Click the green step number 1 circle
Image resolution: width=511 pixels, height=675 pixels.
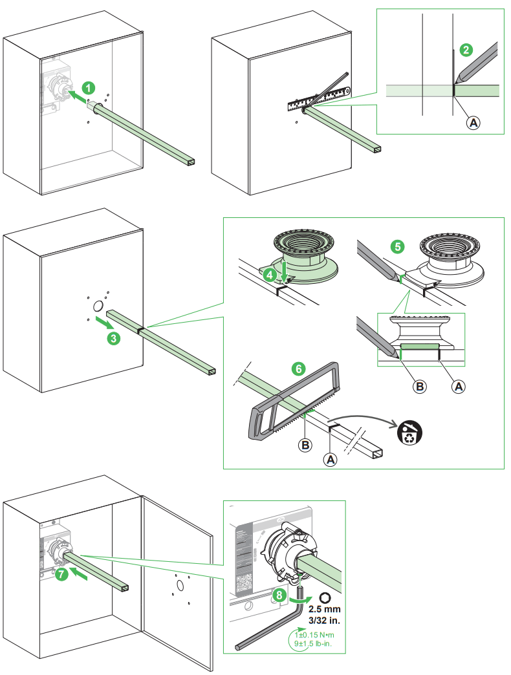90,87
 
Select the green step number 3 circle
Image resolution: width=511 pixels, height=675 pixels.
113,337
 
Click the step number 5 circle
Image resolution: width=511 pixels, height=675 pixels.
397,246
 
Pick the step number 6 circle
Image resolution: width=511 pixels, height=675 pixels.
298,369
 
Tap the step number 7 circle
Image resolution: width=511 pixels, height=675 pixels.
60,573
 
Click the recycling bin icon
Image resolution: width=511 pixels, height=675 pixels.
409,433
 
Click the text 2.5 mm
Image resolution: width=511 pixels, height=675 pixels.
324,610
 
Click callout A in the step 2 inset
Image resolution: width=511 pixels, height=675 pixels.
473,122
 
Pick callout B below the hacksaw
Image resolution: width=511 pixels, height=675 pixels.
304,444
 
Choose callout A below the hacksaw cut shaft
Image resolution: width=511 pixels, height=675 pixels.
331,459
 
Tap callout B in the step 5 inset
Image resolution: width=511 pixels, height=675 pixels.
420,386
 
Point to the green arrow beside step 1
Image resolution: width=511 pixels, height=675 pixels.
76,96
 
